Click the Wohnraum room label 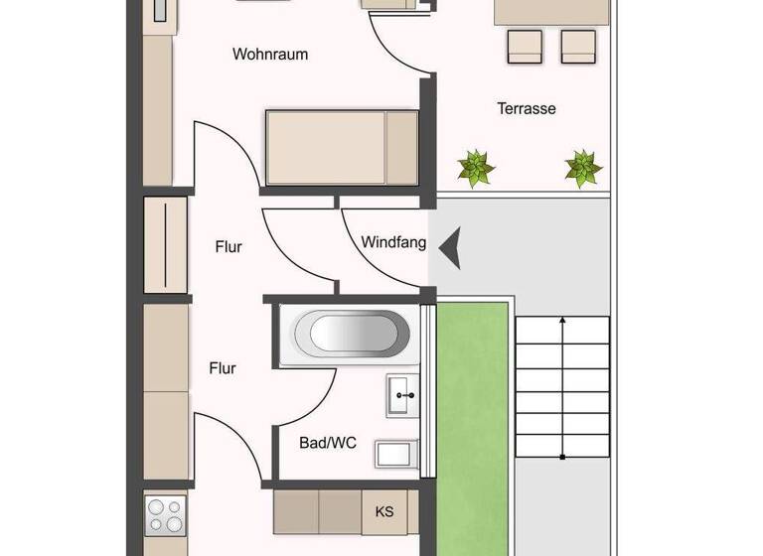click(x=269, y=54)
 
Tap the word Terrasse click(x=526, y=108)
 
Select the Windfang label click(x=393, y=241)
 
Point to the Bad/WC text click(x=328, y=443)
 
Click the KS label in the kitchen click(x=383, y=512)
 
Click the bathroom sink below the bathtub click(x=403, y=396)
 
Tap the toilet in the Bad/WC click(x=397, y=455)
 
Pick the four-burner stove click(x=165, y=516)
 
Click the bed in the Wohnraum click(x=341, y=147)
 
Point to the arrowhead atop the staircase click(x=563, y=321)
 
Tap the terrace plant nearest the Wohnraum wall click(x=476, y=167)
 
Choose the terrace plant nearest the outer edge click(x=583, y=168)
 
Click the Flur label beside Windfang click(x=229, y=247)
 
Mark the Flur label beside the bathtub click(x=223, y=368)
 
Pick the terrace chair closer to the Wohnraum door click(x=525, y=46)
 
